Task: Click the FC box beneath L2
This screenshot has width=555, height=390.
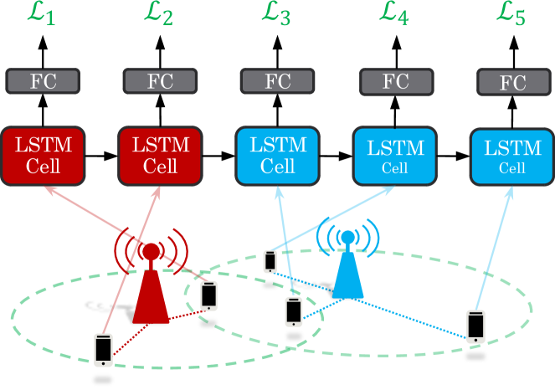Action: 160,81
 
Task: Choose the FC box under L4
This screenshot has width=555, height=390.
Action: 396,82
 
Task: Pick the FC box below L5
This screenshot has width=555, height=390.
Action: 513,83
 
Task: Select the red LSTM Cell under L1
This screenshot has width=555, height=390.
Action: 43,156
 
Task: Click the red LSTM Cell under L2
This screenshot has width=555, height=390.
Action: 160,156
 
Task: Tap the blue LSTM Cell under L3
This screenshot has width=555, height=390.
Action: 277,156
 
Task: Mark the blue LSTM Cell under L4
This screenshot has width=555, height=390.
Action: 395,156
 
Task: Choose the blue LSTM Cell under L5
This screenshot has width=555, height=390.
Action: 512,157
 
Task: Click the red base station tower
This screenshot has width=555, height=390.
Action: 151,285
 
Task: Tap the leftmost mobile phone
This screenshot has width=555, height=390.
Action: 103,349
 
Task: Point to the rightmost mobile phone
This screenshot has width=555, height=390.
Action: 475,326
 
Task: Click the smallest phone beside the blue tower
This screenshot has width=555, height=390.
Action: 270,261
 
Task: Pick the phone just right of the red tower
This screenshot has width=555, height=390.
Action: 208,295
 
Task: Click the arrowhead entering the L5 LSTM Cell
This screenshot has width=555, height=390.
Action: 511,192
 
